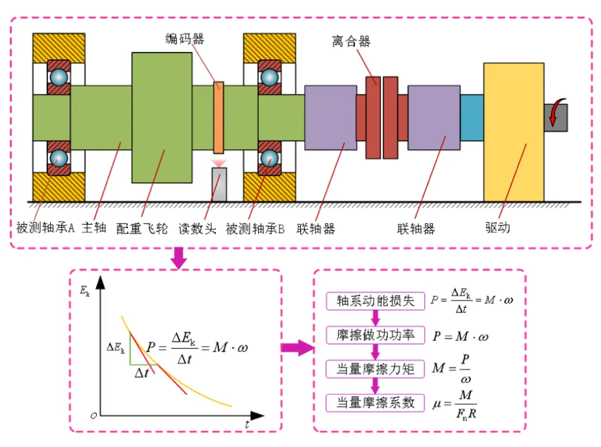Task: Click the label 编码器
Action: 185,39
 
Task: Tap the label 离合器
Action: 351,42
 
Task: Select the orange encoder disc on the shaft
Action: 218,117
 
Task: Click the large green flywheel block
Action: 162,117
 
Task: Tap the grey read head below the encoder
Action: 218,183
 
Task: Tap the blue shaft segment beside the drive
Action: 472,117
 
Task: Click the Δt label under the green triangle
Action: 141,373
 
